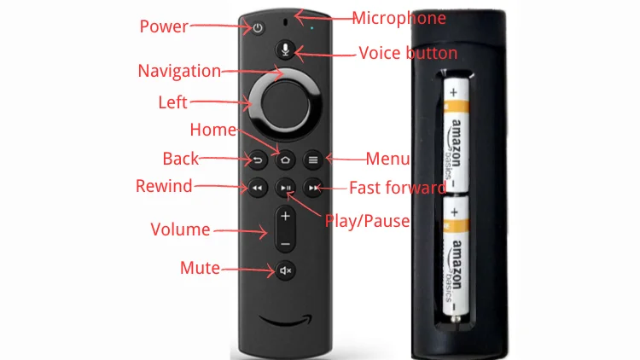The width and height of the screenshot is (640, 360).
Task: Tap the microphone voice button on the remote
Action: pyautogui.click(x=285, y=49)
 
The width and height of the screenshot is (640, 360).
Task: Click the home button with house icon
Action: pyautogui.click(x=285, y=160)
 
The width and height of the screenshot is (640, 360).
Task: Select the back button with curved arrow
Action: pyautogui.click(x=257, y=160)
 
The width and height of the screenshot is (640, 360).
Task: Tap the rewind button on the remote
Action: pyautogui.click(x=257, y=188)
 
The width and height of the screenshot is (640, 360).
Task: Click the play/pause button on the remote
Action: pyautogui.click(x=285, y=188)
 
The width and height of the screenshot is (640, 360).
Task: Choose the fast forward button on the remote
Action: pyautogui.click(x=313, y=188)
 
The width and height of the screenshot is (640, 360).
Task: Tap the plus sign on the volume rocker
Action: pyautogui.click(x=285, y=216)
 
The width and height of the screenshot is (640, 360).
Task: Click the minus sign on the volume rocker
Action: pyautogui.click(x=285, y=244)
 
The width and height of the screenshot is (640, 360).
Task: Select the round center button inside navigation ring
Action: pyautogui.click(x=285, y=105)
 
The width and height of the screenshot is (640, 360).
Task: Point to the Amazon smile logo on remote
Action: pyautogui.click(x=286, y=321)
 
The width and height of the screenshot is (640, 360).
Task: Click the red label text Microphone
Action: pyautogui.click(x=399, y=19)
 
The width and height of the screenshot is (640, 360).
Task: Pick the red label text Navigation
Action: pyautogui.click(x=179, y=71)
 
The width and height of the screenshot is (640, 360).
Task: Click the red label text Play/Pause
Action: pyautogui.click(x=367, y=221)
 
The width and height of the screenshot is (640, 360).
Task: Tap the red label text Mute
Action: pyautogui.click(x=200, y=268)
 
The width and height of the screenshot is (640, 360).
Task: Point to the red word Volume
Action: pyautogui.click(x=180, y=229)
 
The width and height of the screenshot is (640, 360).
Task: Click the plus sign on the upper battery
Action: pyautogui.click(x=453, y=93)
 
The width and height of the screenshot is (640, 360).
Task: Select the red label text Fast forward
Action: pyautogui.click(x=398, y=188)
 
